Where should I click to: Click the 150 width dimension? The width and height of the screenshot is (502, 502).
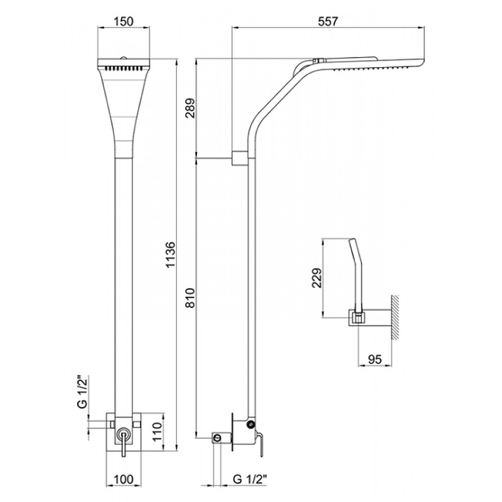[124, 21]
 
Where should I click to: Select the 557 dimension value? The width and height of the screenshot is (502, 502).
[328, 21]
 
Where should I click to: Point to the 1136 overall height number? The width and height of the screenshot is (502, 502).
[171, 255]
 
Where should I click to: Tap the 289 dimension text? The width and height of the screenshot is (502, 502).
[190, 108]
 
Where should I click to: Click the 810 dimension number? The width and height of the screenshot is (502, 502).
[190, 297]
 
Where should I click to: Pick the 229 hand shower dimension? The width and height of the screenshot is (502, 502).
[317, 278]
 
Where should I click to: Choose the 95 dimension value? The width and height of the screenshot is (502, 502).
[375, 359]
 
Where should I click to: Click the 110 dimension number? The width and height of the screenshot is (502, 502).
[157, 432]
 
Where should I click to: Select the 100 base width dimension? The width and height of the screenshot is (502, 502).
[124, 479]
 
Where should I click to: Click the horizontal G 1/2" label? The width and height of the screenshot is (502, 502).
[250, 479]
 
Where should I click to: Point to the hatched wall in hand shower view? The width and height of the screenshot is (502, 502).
[395, 317]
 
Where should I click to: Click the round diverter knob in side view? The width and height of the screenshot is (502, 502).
[250, 425]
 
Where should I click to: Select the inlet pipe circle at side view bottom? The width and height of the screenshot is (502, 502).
[217, 438]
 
